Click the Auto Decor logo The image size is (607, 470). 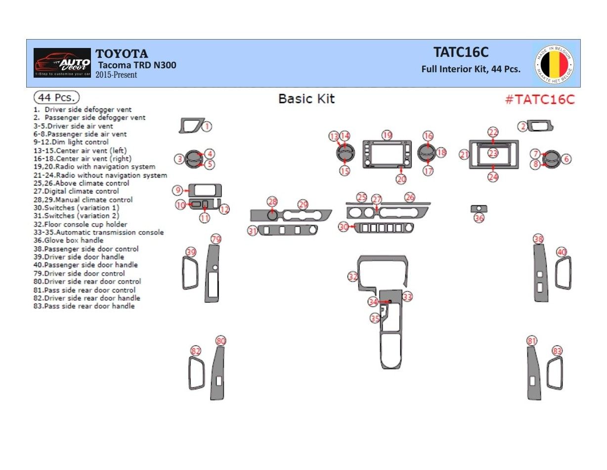point(62,63)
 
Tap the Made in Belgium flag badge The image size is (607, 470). point(554,64)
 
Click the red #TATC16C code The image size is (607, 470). point(540,99)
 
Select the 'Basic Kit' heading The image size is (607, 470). point(306,98)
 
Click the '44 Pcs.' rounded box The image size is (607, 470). point(56,97)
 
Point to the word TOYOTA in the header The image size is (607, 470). point(122,54)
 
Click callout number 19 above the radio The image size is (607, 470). point(387,135)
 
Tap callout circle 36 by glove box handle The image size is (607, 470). point(479,218)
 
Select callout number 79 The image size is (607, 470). point(216,239)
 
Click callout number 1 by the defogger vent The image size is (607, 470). point(207,127)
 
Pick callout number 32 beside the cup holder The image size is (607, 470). point(352,277)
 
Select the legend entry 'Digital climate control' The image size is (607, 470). point(76,191)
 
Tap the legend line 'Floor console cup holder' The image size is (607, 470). point(81,224)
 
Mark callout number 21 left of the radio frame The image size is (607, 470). point(464,155)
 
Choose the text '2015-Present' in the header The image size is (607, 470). point(117,75)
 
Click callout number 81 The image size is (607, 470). point(532,341)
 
